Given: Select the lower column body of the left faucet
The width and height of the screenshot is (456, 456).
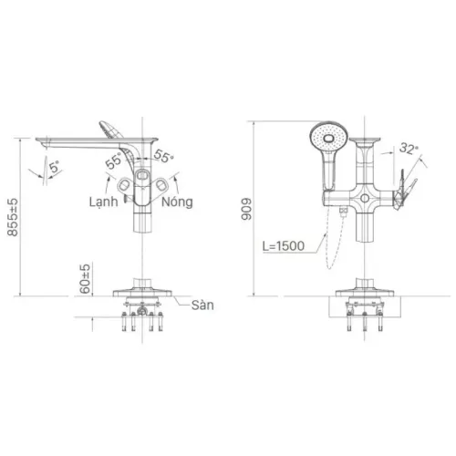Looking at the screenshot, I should point(142,219).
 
